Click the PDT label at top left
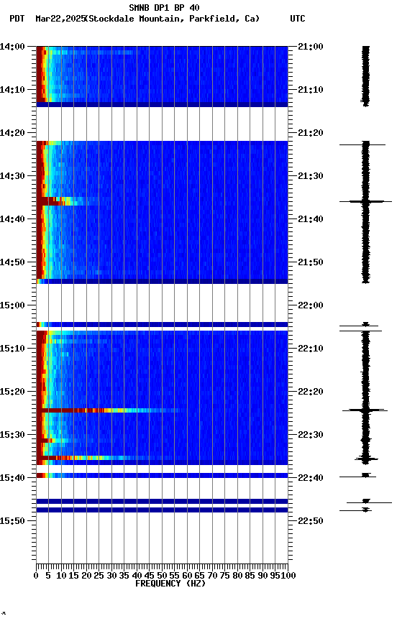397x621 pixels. pos(17,19)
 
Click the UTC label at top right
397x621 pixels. pos(298,19)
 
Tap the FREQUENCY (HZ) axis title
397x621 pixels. pos(170,584)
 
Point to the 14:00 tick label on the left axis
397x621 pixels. pos(13,47)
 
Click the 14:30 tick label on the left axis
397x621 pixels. pos(13,176)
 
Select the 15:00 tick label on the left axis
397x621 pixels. pos(13,305)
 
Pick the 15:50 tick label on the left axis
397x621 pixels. pos(13,520)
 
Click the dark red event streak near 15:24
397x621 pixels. pos(72,410)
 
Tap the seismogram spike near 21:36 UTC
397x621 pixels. pos(365,201)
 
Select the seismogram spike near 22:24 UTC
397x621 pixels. pos(365,410)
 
